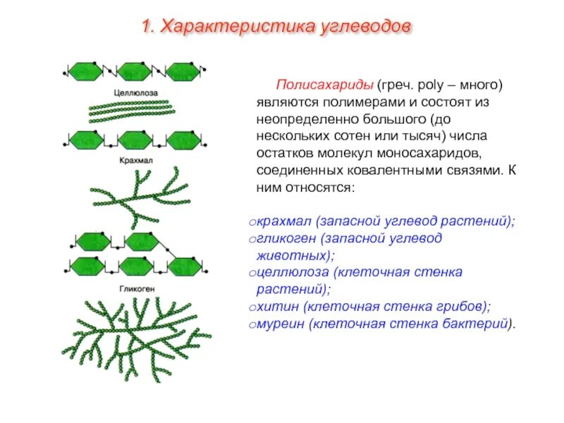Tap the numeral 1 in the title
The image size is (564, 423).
pos(146,27)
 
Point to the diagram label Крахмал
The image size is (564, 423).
pos(136,161)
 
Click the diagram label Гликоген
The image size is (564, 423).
pos(136,289)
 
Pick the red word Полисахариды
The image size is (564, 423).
pos(324,85)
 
